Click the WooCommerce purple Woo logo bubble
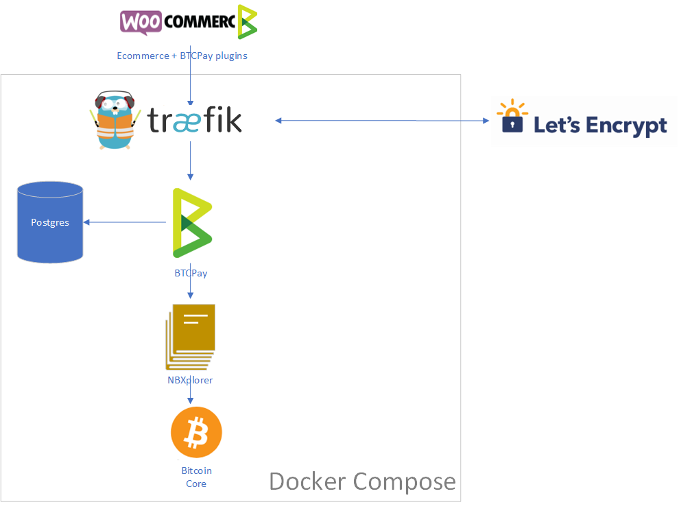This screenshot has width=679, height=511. pos(141,21)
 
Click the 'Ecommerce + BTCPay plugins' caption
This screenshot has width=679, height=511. pos(182,56)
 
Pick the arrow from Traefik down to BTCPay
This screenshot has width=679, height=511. pos(190,163)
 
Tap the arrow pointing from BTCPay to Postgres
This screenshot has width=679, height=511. pos(124,222)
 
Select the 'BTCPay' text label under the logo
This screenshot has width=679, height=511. pos(191,273)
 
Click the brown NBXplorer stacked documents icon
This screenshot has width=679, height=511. pos(191,337)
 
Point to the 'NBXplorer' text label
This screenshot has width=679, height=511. pos(190,380)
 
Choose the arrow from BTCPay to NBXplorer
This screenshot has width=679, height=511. pos(190,289)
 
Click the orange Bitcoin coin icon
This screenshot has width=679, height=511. pos(196,433)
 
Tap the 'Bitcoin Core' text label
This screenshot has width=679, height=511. pos(196,477)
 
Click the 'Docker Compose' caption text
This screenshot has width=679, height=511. pos(362,481)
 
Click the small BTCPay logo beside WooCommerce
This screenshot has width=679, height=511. pos(247,21)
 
